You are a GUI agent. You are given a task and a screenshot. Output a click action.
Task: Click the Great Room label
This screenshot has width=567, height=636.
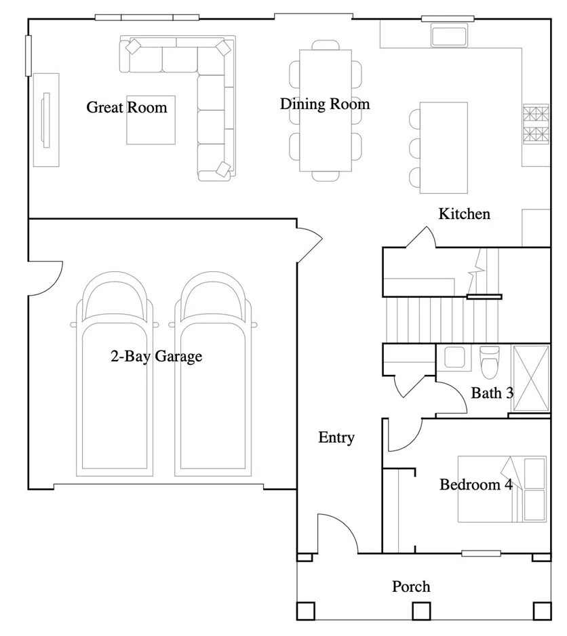(x=127, y=108)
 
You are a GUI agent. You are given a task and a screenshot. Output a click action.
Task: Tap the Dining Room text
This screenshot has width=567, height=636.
(x=325, y=104)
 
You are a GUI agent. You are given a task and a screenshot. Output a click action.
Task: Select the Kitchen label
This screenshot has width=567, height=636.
(x=465, y=214)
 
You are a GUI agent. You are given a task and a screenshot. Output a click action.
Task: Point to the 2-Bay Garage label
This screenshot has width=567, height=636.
(x=156, y=356)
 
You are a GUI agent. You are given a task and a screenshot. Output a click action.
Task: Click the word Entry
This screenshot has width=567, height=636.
(x=336, y=437)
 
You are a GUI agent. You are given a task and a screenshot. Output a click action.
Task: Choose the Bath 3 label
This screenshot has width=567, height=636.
(x=492, y=393)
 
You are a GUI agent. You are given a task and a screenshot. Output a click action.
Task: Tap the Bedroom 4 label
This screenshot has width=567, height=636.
(x=475, y=484)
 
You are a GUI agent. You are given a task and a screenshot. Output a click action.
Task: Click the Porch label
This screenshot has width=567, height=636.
(x=411, y=587)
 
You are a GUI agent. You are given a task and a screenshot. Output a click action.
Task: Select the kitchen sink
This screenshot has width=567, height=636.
(x=449, y=35)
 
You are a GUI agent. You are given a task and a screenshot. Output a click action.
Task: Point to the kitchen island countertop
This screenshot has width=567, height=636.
(x=444, y=148)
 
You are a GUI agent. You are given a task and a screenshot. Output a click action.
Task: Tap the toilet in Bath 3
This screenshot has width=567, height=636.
(x=489, y=362)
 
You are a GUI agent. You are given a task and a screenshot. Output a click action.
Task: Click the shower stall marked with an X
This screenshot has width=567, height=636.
(x=531, y=378)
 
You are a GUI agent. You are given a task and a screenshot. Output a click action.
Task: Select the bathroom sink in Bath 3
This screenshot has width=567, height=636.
(x=454, y=357)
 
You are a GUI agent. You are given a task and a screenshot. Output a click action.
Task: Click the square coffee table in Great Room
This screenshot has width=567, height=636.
(x=151, y=120)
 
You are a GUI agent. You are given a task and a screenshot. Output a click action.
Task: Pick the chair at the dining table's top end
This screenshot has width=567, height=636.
(x=326, y=45)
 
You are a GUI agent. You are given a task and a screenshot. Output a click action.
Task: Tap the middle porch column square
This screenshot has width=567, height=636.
(x=421, y=611)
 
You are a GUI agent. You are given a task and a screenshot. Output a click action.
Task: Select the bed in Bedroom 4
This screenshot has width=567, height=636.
(x=502, y=489)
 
